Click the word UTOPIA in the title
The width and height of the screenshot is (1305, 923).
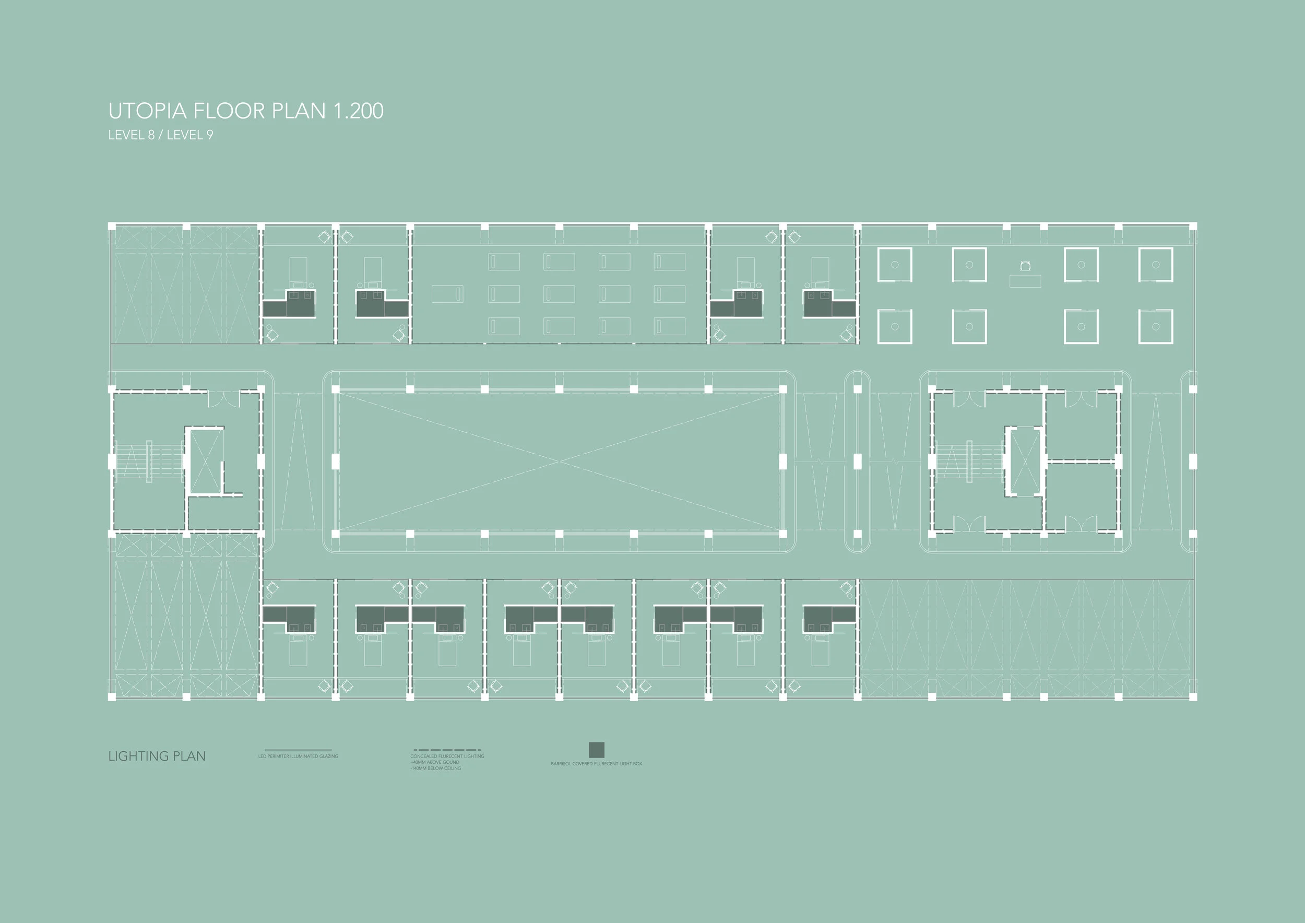[x=147, y=111]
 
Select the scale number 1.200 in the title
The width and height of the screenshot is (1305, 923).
[x=358, y=111]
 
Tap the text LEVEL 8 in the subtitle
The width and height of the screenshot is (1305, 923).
[x=130, y=135]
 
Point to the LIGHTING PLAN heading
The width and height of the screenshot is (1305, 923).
[x=157, y=756]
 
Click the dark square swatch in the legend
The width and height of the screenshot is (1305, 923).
[x=596, y=750]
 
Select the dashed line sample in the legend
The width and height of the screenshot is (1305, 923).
[x=447, y=750]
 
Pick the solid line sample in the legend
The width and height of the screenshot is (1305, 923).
[x=298, y=750]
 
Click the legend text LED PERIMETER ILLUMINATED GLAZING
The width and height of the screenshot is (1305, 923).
[x=298, y=756]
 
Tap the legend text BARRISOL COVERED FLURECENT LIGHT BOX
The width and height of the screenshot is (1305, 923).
[x=596, y=764]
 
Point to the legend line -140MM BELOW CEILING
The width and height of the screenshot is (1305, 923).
[x=435, y=768]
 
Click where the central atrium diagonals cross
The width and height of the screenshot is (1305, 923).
[x=559, y=461]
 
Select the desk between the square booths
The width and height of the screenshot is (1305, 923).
[x=1025, y=280]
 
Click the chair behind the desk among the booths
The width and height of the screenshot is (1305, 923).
[x=1025, y=265]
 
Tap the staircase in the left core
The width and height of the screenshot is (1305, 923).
[x=149, y=461]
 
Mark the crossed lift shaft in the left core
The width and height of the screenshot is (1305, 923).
[x=205, y=461]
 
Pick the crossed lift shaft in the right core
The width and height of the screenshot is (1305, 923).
[x=1025, y=461]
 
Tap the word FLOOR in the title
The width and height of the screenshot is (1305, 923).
[x=230, y=111]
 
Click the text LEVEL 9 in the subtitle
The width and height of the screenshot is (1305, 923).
[x=190, y=135]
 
